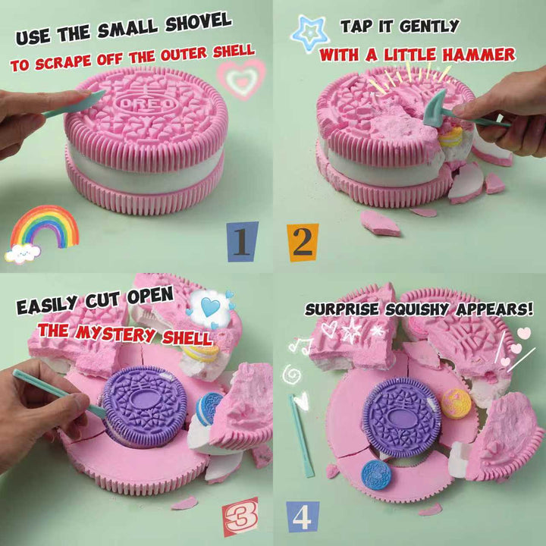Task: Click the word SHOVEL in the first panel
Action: [198, 23]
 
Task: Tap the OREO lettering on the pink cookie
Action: [146, 105]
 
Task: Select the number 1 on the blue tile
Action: [243, 241]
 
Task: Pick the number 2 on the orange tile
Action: [303, 243]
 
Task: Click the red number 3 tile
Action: [241, 516]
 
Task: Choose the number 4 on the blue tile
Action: [303, 516]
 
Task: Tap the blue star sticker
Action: [309, 33]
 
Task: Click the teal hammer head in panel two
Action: [435, 108]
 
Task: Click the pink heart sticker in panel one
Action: [241, 80]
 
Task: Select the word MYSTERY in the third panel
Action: [115, 334]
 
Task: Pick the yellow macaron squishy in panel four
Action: [457, 403]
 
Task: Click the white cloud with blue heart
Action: [210, 309]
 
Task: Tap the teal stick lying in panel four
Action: [301, 435]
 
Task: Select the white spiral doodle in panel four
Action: [292, 375]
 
